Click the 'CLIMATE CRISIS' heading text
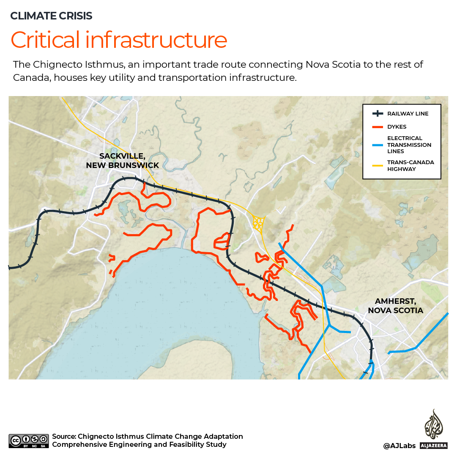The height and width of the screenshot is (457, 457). point(51,16)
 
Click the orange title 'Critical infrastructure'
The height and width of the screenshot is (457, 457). point(119,40)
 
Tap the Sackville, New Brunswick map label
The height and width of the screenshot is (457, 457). point(122,160)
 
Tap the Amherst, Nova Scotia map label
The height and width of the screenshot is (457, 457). point(395,306)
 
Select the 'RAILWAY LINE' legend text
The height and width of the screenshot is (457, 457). point(408,114)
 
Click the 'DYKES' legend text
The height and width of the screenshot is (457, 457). point(397,127)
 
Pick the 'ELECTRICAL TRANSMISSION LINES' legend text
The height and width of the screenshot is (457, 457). point(409,145)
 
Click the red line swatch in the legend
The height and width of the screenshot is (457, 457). point(377,127)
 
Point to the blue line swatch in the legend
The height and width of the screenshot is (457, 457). point(377,145)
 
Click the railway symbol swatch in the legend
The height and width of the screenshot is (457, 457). point(377,114)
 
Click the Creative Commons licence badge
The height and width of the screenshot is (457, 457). point(29,440)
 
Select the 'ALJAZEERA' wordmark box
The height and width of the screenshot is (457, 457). point(434,446)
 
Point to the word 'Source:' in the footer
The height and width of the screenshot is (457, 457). point(64,436)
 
